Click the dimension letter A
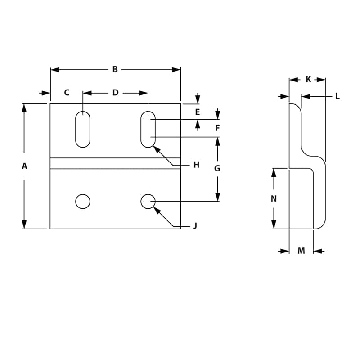click(x=24, y=166)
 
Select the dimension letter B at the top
click(x=115, y=69)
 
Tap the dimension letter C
click(x=67, y=93)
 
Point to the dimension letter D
click(x=115, y=93)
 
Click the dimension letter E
click(x=197, y=112)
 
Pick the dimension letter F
click(x=217, y=128)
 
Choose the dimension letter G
click(x=217, y=168)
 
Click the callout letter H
click(x=196, y=165)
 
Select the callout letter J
click(x=195, y=226)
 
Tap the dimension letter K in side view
click(x=308, y=79)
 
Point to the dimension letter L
click(x=337, y=96)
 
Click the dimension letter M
click(x=301, y=251)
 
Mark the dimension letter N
click(x=274, y=198)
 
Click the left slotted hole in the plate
click(x=83, y=129)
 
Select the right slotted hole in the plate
click(x=148, y=129)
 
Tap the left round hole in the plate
click(x=83, y=201)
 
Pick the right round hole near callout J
click(x=148, y=201)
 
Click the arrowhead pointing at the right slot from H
click(x=156, y=148)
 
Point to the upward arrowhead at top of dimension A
click(x=24, y=108)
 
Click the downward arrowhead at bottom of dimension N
click(x=274, y=225)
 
